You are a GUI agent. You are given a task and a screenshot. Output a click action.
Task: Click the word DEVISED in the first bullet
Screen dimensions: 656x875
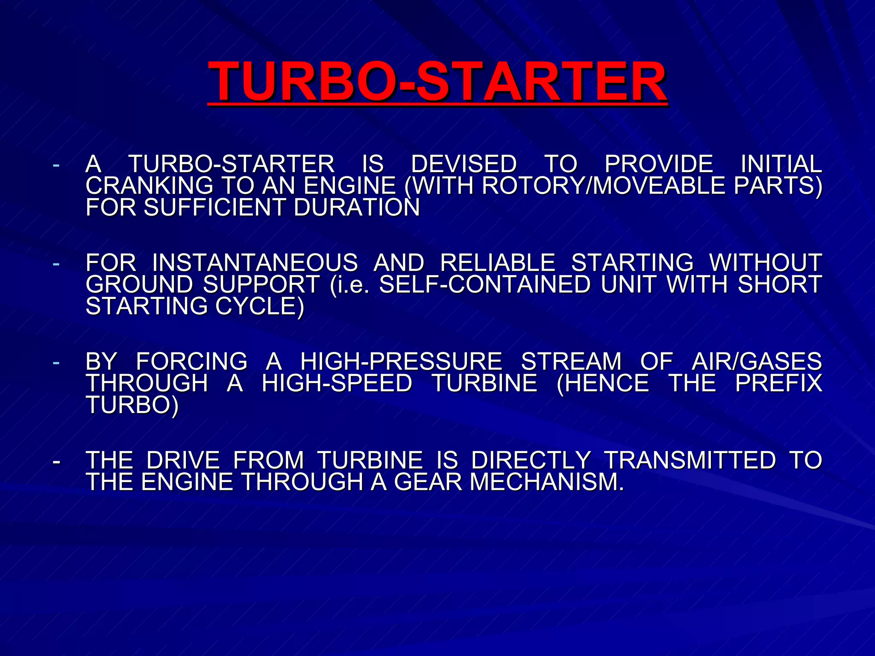tap(464, 164)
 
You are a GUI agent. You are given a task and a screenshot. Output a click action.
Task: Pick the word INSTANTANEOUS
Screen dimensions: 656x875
tap(255, 263)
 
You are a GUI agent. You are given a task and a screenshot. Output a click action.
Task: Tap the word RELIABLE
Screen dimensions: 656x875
tap(497, 263)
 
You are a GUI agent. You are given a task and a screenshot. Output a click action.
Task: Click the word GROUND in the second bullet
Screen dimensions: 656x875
tap(139, 284)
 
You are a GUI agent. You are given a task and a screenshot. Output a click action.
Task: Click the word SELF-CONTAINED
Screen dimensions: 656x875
tap(484, 284)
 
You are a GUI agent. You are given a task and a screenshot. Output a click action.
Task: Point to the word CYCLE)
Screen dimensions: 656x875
tap(259, 306)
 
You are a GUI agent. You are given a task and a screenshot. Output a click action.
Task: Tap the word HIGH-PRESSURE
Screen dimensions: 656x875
tap(401, 361)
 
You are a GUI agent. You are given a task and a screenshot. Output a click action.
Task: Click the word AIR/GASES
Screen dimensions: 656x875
tap(756, 361)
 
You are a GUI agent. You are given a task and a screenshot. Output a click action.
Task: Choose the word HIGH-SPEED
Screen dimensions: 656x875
tap(337, 383)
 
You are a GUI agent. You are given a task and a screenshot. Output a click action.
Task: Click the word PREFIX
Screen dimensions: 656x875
tap(778, 383)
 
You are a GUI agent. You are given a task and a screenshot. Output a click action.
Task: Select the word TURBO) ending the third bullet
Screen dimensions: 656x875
tap(132, 405)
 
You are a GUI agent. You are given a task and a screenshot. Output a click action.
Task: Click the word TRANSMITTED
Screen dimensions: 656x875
tap(690, 460)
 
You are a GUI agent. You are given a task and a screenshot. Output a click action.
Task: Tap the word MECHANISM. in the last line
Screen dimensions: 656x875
tap(547, 482)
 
